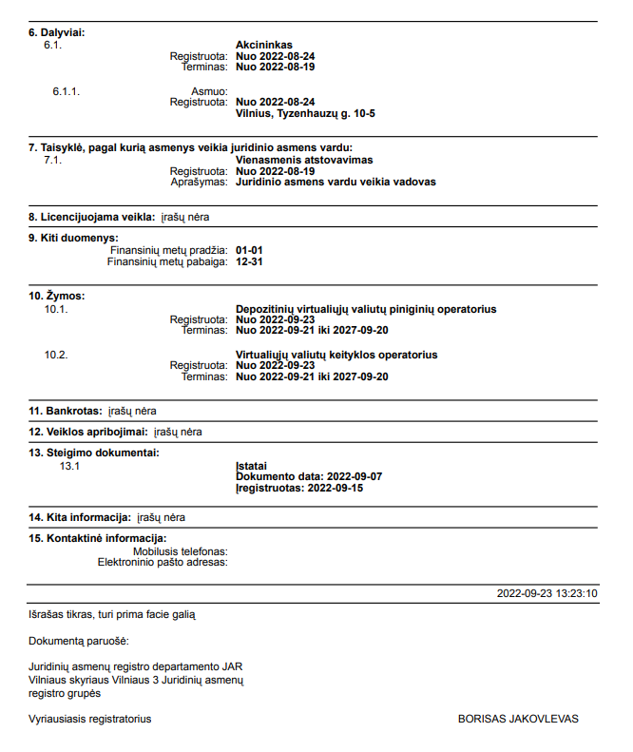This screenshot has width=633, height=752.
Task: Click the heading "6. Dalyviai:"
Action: click(x=56, y=32)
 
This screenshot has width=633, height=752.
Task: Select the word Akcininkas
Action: click(x=263, y=45)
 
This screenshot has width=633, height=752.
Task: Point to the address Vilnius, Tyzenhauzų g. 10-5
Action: click(x=305, y=113)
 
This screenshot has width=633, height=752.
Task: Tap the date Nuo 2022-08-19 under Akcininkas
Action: click(x=275, y=67)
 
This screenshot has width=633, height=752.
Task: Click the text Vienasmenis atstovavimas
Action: click(x=304, y=160)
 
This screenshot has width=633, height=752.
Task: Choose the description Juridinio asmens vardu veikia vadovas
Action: click(x=336, y=182)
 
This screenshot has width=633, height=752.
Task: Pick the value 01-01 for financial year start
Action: click(x=250, y=249)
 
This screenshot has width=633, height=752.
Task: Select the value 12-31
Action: click(x=250, y=260)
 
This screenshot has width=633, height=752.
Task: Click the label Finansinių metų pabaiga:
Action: click(x=167, y=260)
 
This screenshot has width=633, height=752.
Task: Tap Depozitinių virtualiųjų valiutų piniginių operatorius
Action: click(x=366, y=309)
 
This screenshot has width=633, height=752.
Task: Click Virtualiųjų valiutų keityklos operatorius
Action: click(x=336, y=355)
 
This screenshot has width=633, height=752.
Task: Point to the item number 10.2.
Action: click(x=56, y=355)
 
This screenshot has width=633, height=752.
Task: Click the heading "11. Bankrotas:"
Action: click(x=65, y=411)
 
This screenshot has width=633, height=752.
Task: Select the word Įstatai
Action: click(x=252, y=465)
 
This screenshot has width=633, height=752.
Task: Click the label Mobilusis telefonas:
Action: click(x=181, y=551)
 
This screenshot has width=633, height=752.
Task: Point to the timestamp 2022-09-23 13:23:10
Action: click(x=547, y=593)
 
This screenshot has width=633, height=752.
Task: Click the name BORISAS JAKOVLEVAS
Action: click(x=518, y=719)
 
